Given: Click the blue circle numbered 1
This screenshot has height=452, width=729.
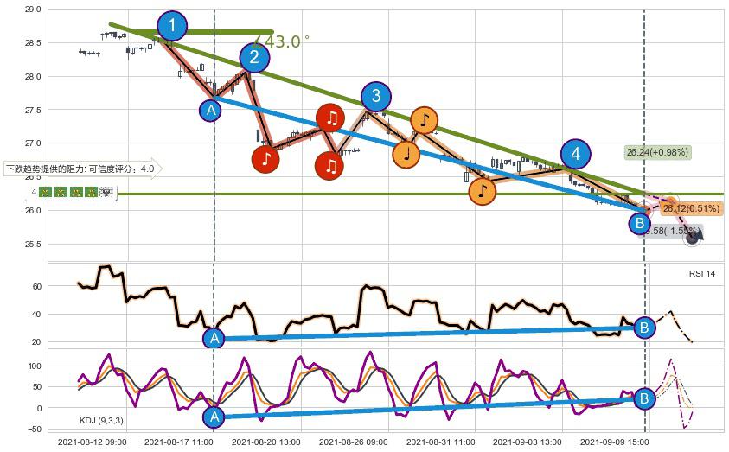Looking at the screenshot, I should click(x=172, y=26).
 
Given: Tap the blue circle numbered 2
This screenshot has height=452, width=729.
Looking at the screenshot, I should click(x=254, y=57).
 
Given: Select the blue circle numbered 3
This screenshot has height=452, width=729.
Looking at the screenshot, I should click(x=375, y=96).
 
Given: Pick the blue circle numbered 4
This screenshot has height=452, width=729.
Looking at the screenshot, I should click(x=575, y=155).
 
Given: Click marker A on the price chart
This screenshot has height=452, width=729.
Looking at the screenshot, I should click(x=211, y=110).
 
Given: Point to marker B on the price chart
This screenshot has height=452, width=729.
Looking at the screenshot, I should click(x=639, y=224).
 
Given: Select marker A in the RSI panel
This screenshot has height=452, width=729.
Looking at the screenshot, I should click(x=214, y=338).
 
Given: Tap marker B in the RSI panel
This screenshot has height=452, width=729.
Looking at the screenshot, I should click(x=644, y=327).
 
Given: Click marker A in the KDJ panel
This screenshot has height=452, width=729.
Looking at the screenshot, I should click(x=214, y=417).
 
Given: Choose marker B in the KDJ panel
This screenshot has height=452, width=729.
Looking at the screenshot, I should click(x=644, y=398).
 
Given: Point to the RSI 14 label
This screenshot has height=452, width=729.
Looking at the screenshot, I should click(x=702, y=273).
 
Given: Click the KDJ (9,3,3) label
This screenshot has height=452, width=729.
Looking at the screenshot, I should click(x=101, y=421).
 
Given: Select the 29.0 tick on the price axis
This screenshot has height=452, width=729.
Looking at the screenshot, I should click(x=33, y=10).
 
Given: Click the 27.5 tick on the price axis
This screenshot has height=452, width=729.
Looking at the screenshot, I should click(x=33, y=110).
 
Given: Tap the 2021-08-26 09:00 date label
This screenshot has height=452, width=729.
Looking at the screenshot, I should click(x=354, y=442).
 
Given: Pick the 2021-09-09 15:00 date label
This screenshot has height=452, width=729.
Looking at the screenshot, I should click(x=614, y=442).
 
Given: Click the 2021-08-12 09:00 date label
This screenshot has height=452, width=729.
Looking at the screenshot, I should click(x=92, y=442).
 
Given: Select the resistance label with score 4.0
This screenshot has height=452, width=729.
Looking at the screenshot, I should click(x=80, y=169).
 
